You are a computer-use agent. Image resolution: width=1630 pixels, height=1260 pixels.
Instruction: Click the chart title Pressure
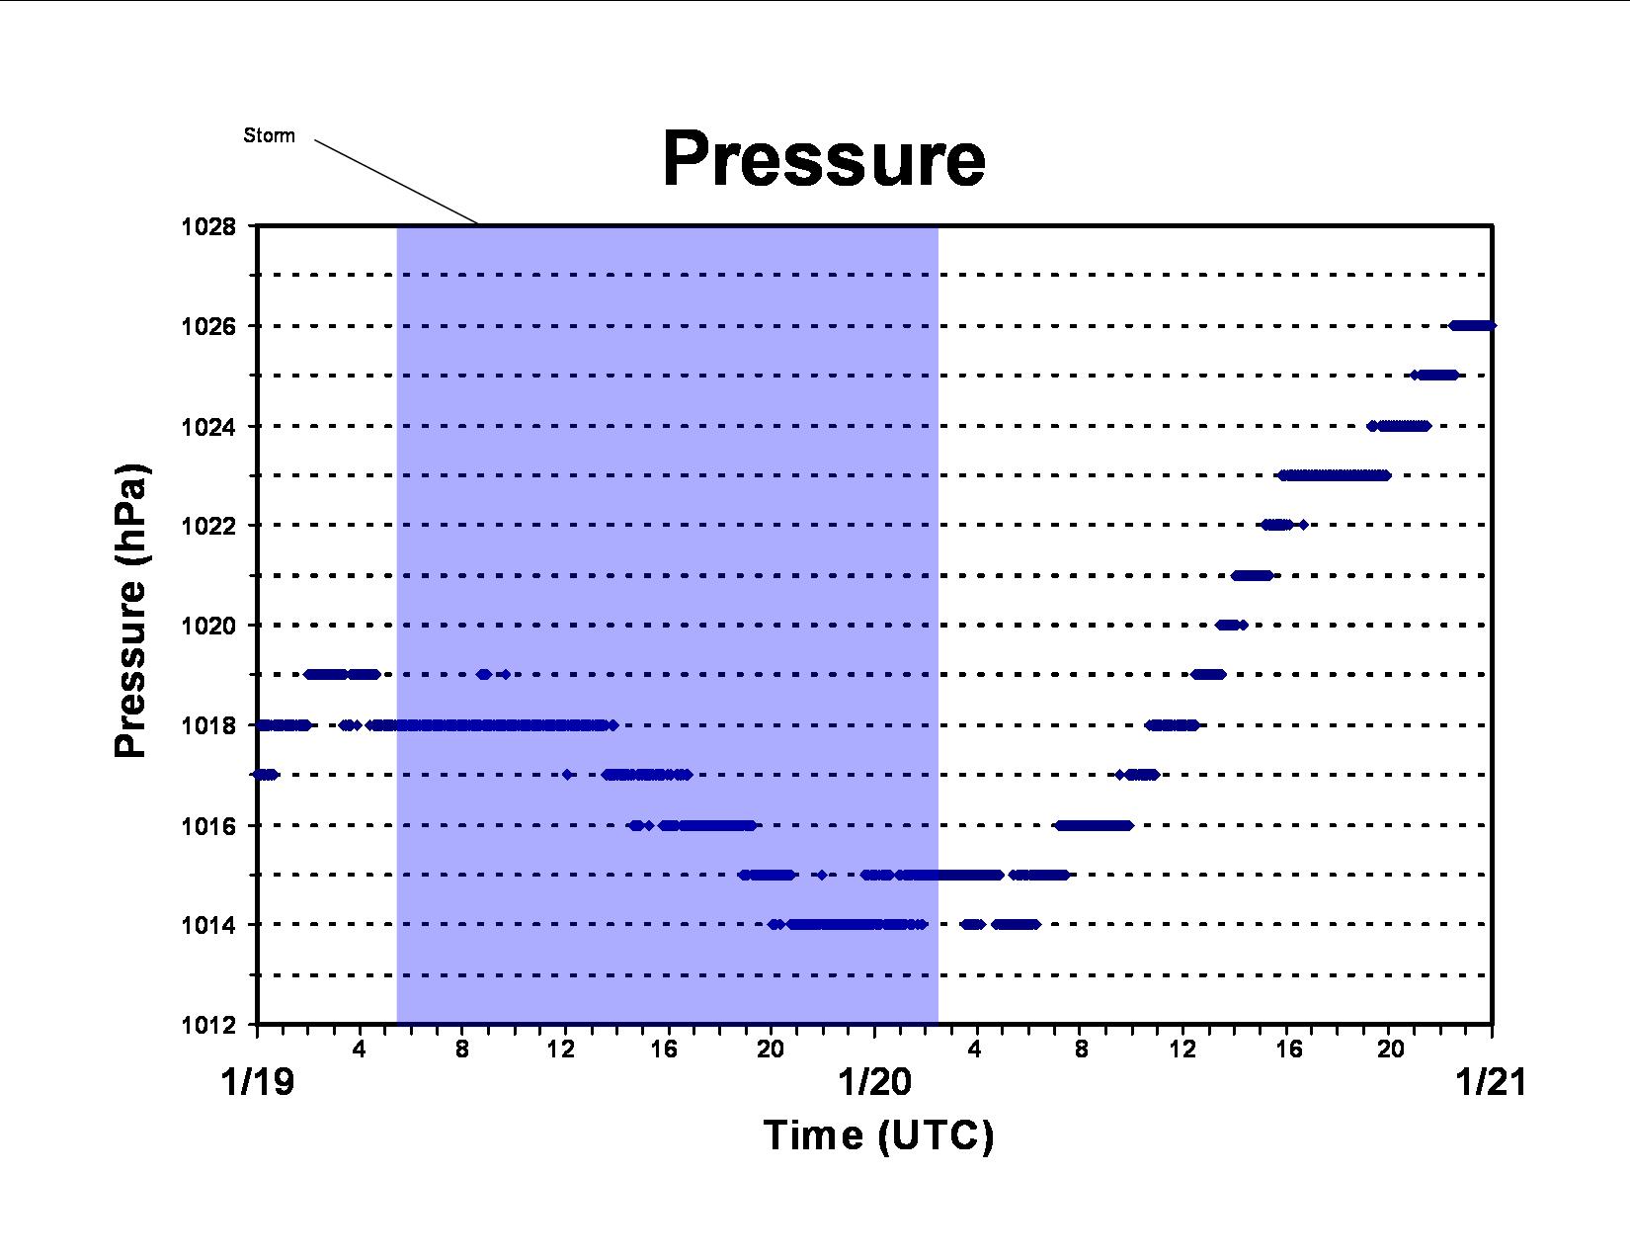824,159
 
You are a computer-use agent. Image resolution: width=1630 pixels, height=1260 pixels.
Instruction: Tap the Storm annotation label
270,135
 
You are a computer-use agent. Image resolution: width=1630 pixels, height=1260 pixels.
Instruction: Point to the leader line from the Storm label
396,182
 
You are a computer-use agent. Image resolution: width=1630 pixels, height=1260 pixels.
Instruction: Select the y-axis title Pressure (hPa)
131,610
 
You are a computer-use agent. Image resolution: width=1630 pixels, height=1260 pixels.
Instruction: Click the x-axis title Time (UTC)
878,1135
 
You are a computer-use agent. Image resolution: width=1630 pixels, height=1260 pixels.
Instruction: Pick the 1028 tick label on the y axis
207,226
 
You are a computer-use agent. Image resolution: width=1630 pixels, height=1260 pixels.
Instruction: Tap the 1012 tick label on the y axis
207,1025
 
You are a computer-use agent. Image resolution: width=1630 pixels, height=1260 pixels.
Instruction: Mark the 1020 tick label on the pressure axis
207,626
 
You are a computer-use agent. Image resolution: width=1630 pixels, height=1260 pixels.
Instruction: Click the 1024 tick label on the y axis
207,427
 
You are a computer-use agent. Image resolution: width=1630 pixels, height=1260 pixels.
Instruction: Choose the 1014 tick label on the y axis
207,925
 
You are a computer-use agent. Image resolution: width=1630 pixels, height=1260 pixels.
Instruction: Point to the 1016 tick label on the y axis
207,826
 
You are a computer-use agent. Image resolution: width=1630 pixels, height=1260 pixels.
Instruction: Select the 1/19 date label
257,1083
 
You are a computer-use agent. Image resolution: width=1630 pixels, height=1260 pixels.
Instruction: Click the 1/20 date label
874,1083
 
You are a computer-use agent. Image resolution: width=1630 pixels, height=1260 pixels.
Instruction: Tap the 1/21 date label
1491,1083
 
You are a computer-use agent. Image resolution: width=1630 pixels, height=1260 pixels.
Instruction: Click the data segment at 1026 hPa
1472,326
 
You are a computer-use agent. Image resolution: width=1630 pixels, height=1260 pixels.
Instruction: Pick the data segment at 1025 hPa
1435,376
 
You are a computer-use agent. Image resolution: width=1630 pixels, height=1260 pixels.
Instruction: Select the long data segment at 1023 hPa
1335,475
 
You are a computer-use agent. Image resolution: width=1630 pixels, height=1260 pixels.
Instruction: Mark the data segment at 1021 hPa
1252,575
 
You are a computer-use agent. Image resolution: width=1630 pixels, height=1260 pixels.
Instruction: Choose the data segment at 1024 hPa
1399,426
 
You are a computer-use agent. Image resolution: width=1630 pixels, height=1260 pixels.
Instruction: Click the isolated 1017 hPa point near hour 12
567,775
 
